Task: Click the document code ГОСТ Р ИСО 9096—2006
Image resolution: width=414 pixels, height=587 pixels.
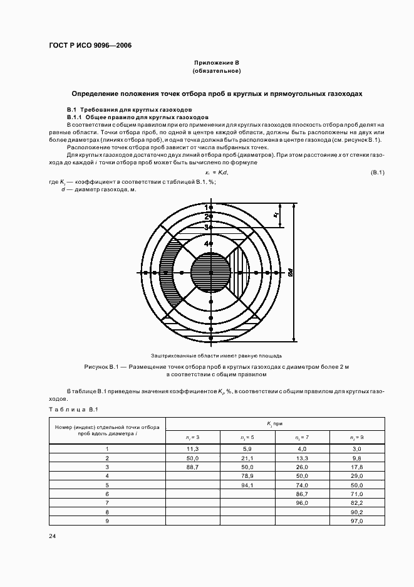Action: click(90, 46)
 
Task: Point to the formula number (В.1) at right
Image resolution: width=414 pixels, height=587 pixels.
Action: click(377, 172)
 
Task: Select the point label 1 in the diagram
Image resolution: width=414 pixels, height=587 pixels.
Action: click(206, 206)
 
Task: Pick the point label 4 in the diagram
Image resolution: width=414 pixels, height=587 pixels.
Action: click(206, 243)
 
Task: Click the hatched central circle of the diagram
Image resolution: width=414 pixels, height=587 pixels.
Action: click(210, 273)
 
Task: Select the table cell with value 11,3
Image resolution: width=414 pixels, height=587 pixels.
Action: click(193, 449)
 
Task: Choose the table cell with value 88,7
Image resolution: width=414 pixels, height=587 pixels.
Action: click(193, 467)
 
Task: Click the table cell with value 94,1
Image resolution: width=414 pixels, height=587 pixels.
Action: click(247, 485)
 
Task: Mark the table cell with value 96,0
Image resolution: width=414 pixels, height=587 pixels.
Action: click(303, 503)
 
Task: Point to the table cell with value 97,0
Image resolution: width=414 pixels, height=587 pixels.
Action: click(357, 521)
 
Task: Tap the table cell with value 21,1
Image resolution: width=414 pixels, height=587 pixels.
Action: click(247, 458)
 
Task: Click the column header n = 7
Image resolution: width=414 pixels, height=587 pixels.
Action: click(303, 437)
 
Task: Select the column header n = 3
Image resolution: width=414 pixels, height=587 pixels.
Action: click(193, 437)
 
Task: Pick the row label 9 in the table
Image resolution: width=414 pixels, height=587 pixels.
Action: click(107, 521)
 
